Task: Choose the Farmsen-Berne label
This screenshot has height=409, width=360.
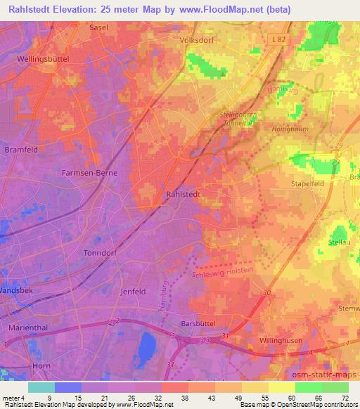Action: pyautogui.click(x=89, y=172)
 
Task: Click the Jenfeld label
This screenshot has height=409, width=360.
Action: pyautogui.click(x=134, y=290)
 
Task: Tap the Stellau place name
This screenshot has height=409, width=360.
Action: pyautogui.click(x=339, y=241)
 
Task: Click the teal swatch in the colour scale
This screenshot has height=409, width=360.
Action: pyautogui.click(x=41, y=387)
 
